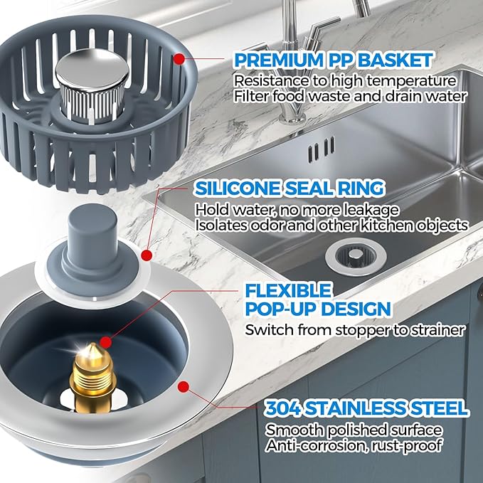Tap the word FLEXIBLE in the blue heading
[279, 290]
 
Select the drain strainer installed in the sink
[347, 256]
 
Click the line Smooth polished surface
[354, 430]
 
